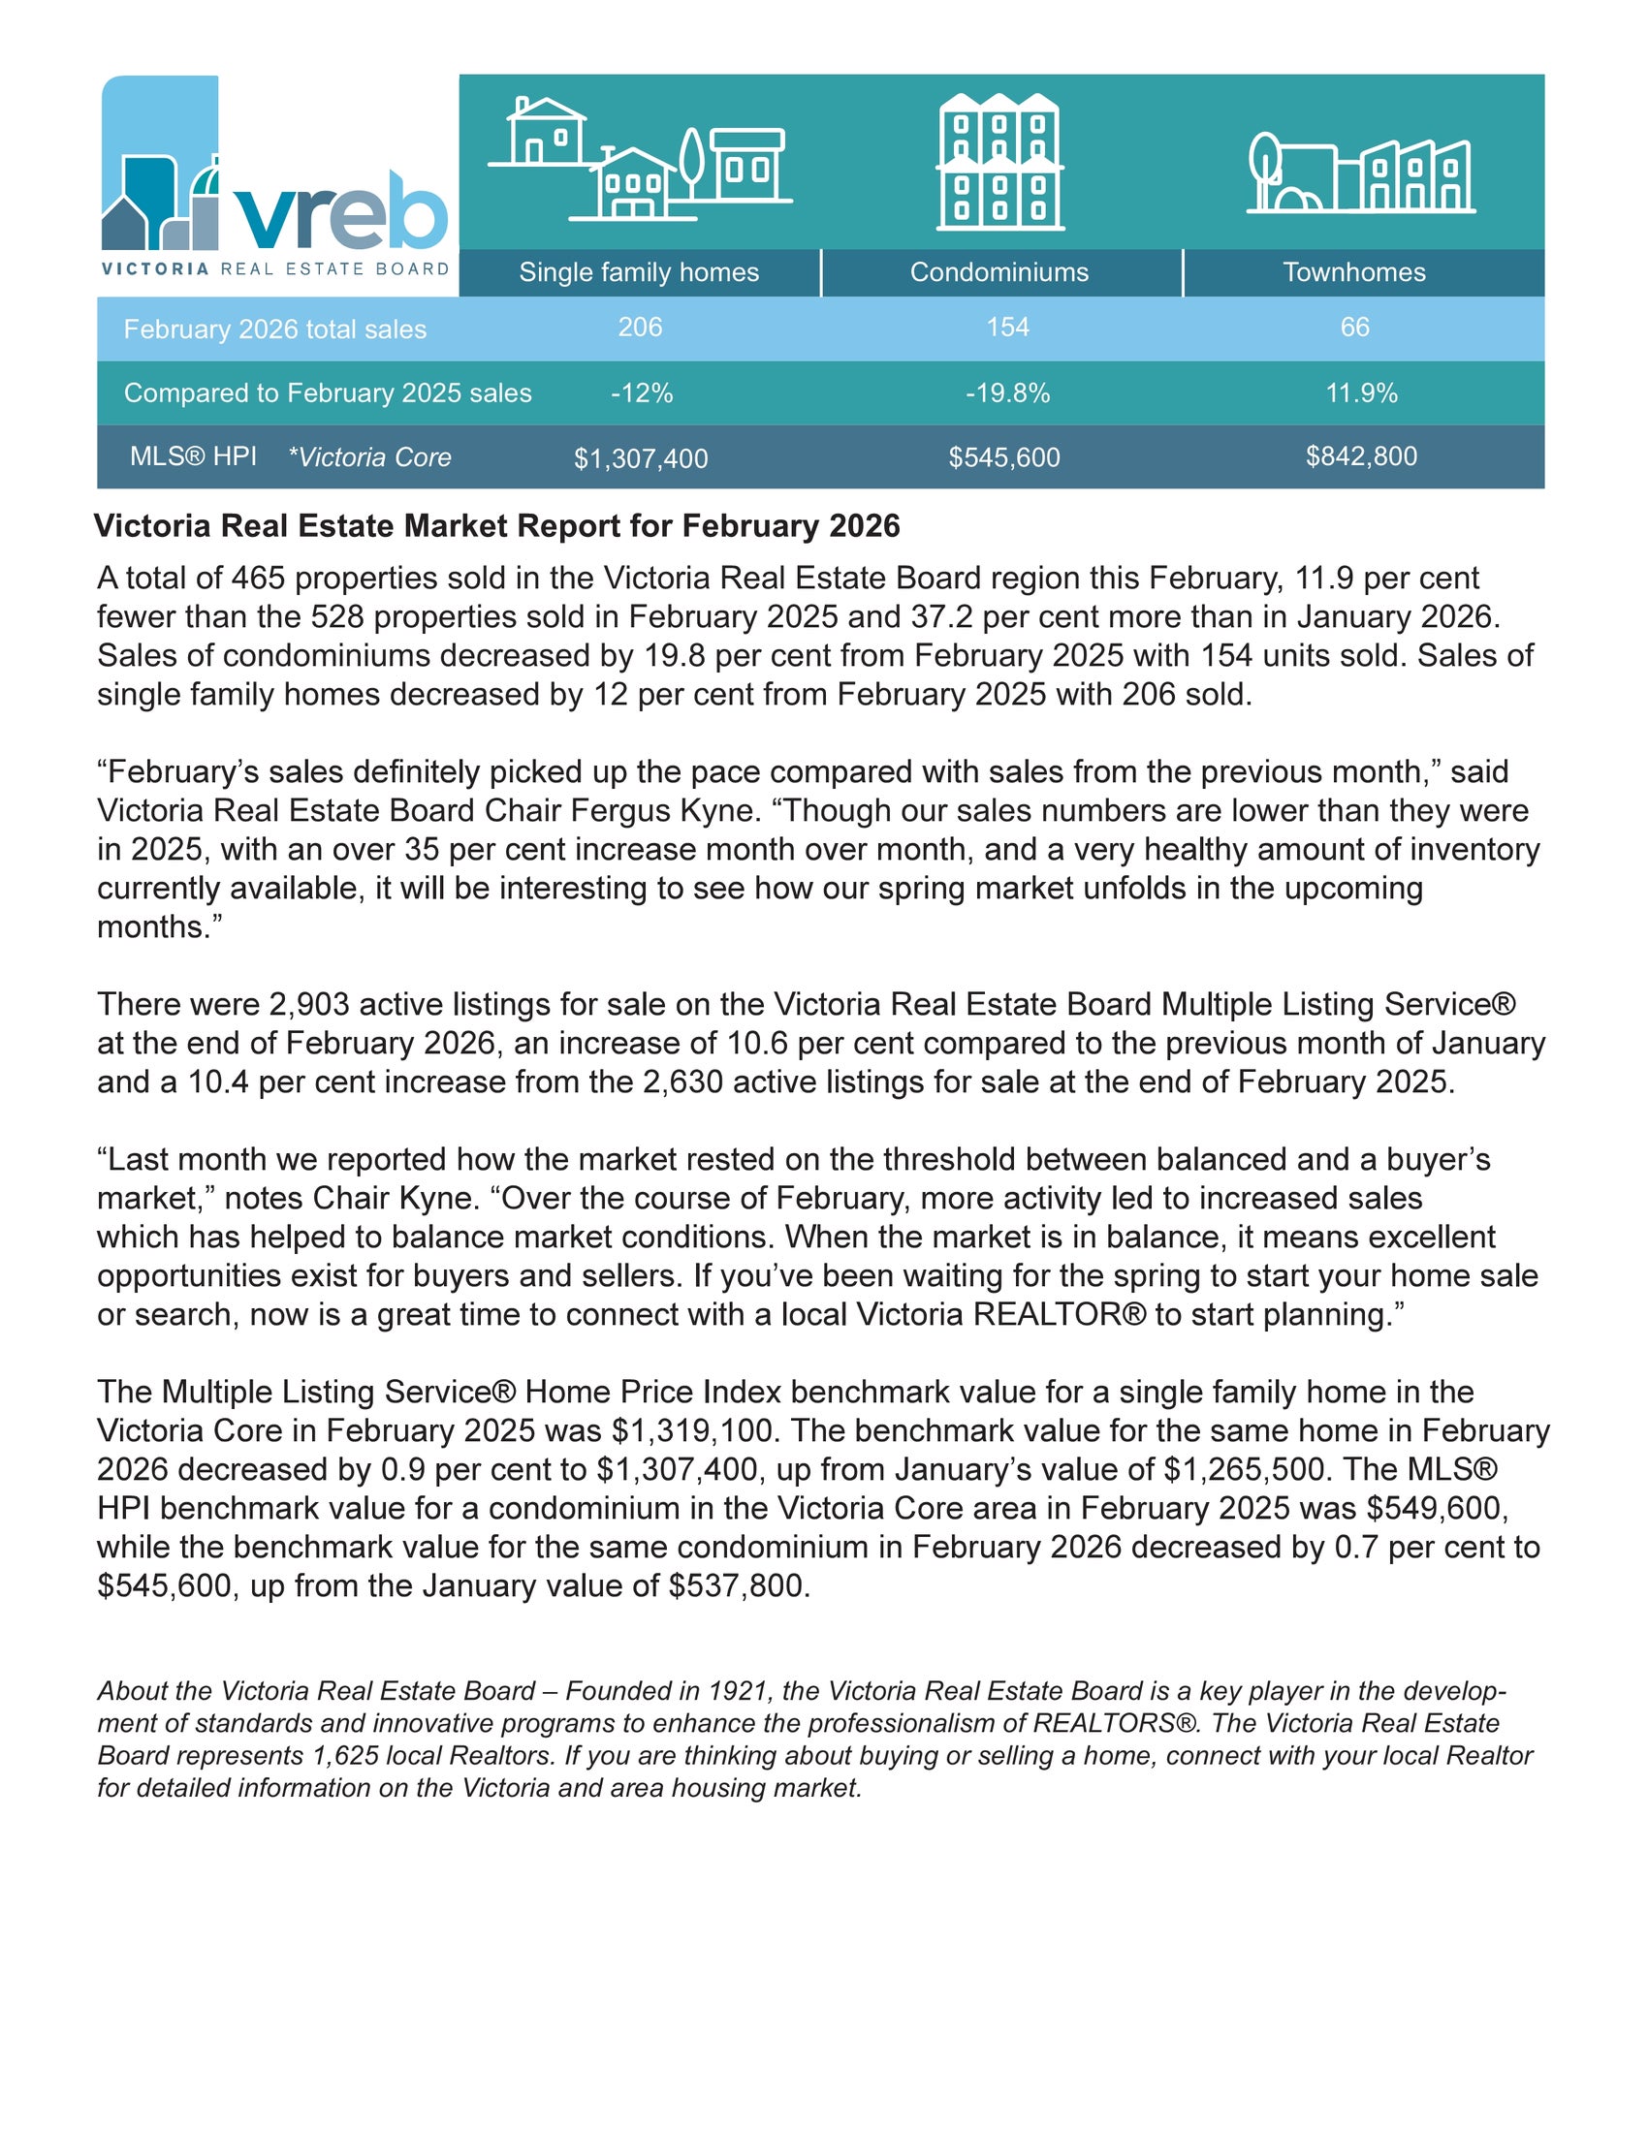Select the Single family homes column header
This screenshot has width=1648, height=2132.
point(639,272)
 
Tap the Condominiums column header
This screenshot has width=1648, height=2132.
point(998,272)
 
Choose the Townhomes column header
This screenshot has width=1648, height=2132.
point(1353,272)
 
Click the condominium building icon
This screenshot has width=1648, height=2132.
point(999,162)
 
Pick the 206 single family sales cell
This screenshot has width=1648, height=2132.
point(640,327)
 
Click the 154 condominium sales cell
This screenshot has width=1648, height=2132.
point(1006,327)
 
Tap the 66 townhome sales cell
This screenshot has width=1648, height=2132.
point(1354,327)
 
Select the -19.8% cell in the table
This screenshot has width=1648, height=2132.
point(1007,393)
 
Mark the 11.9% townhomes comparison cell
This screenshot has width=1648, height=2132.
point(1361,393)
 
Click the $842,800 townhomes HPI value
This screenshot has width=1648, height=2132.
point(1361,455)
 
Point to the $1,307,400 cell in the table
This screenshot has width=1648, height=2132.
point(641,458)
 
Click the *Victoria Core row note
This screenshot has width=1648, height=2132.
point(369,456)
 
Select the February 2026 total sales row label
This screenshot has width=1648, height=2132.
point(274,329)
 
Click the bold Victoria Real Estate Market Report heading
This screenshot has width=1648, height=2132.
point(496,526)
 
